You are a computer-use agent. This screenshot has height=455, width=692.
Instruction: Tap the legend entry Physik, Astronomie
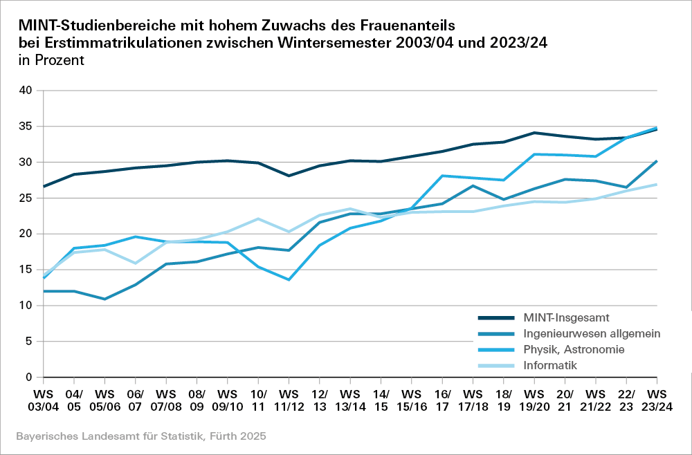pyautogui.click(x=574, y=349)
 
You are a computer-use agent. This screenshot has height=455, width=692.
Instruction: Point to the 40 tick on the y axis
pyautogui.click(x=26, y=91)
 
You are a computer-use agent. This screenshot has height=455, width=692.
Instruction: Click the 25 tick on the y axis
pyautogui.click(x=26, y=198)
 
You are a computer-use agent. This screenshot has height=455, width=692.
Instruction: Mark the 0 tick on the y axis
pyautogui.click(x=29, y=378)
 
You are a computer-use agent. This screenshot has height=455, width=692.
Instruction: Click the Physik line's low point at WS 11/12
pyautogui.click(x=289, y=279)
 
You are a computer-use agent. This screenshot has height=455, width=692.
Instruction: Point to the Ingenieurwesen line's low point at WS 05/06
pyautogui.click(x=104, y=299)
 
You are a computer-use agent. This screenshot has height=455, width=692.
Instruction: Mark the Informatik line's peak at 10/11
pyautogui.click(x=258, y=219)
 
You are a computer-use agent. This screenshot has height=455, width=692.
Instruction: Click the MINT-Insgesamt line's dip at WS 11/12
pyautogui.click(x=289, y=176)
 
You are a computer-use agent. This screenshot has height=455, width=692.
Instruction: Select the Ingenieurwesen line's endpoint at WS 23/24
pyautogui.click(x=656, y=161)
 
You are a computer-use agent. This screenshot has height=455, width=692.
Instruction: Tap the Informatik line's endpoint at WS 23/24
pyautogui.click(x=656, y=184)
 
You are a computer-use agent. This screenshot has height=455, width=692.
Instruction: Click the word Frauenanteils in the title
pyautogui.click(x=408, y=26)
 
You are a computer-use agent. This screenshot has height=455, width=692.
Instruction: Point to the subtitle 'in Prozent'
pyautogui.click(x=52, y=60)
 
